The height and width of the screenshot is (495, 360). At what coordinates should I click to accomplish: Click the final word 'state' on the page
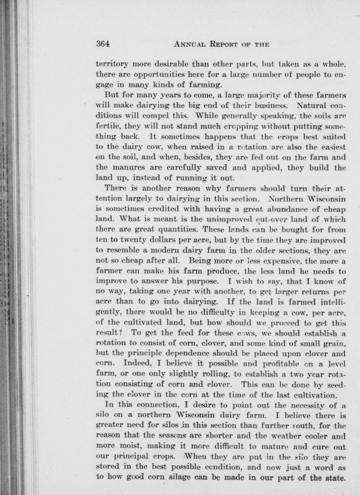tap(336, 478)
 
